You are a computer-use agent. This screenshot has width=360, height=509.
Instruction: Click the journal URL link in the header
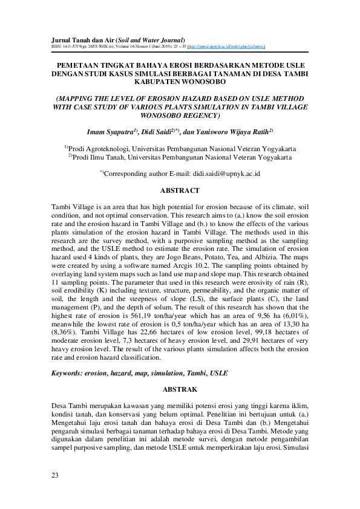coord(231,45)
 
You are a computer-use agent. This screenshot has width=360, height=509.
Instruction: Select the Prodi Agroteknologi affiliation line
coord(180,148)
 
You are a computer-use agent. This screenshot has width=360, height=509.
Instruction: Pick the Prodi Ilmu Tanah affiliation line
coord(180,157)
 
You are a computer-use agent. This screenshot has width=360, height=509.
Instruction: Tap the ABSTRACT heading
coord(180,190)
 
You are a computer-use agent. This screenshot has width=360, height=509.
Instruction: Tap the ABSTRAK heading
coord(180,391)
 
